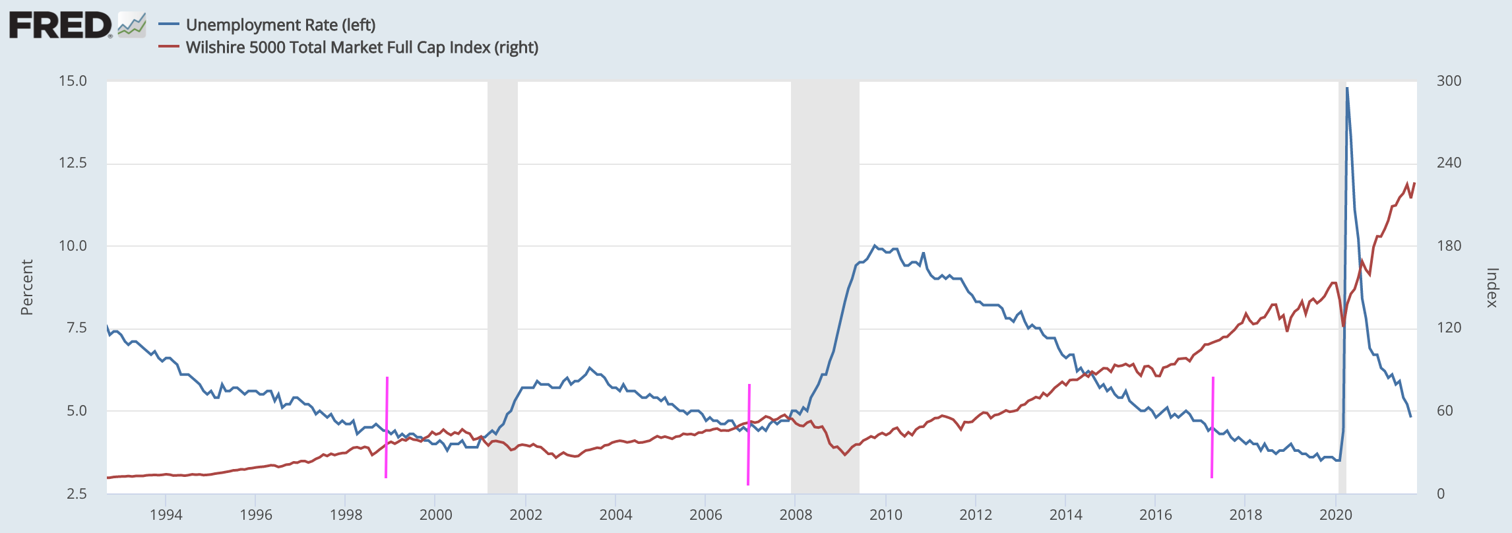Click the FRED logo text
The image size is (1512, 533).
coord(61,25)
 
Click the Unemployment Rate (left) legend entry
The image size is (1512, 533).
coord(280,25)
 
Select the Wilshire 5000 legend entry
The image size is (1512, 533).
coord(362,47)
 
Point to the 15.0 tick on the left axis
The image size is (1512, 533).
coord(73,81)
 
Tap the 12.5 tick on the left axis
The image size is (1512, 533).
coord(73,163)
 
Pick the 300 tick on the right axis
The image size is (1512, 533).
coord(1449,81)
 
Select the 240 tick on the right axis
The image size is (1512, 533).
coord(1449,163)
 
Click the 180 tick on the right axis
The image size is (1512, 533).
coord(1449,246)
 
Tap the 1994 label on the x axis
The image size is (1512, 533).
coord(166,515)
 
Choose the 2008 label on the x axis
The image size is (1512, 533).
coord(796,515)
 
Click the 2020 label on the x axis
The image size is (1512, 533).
coord(1336,515)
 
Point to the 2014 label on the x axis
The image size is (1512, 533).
coord(1065,515)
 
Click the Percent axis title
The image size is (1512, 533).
coord(26,287)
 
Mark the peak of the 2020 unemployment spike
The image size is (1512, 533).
coord(1346,88)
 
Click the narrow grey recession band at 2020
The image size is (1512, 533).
coord(1342,264)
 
